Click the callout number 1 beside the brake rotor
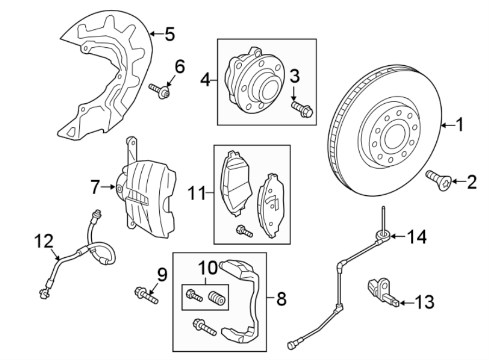pos(459,126)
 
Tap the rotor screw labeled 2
pos(438,179)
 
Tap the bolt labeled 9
pos(145,296)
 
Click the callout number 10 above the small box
pos(208,268)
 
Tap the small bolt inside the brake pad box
pos(243,231)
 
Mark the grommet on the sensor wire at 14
pos(383,234)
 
